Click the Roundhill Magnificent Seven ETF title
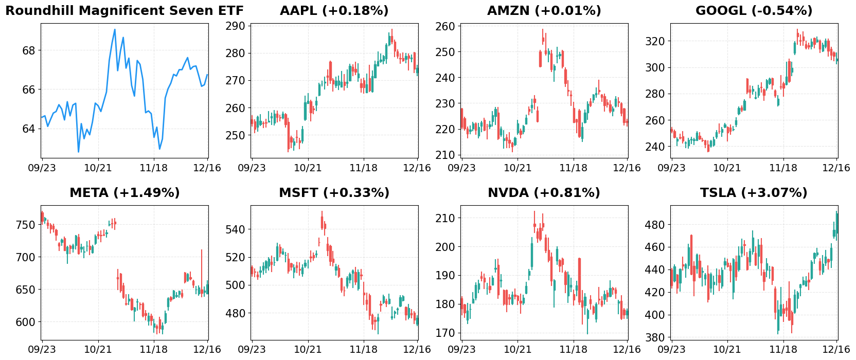124,11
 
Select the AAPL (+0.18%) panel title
334,11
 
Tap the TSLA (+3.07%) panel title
754,193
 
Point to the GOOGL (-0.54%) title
754,11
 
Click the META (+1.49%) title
124,193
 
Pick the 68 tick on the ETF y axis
29,50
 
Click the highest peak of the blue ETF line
115,29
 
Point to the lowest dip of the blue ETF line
79,152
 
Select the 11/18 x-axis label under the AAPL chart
364,168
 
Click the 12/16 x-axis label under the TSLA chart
836,349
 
